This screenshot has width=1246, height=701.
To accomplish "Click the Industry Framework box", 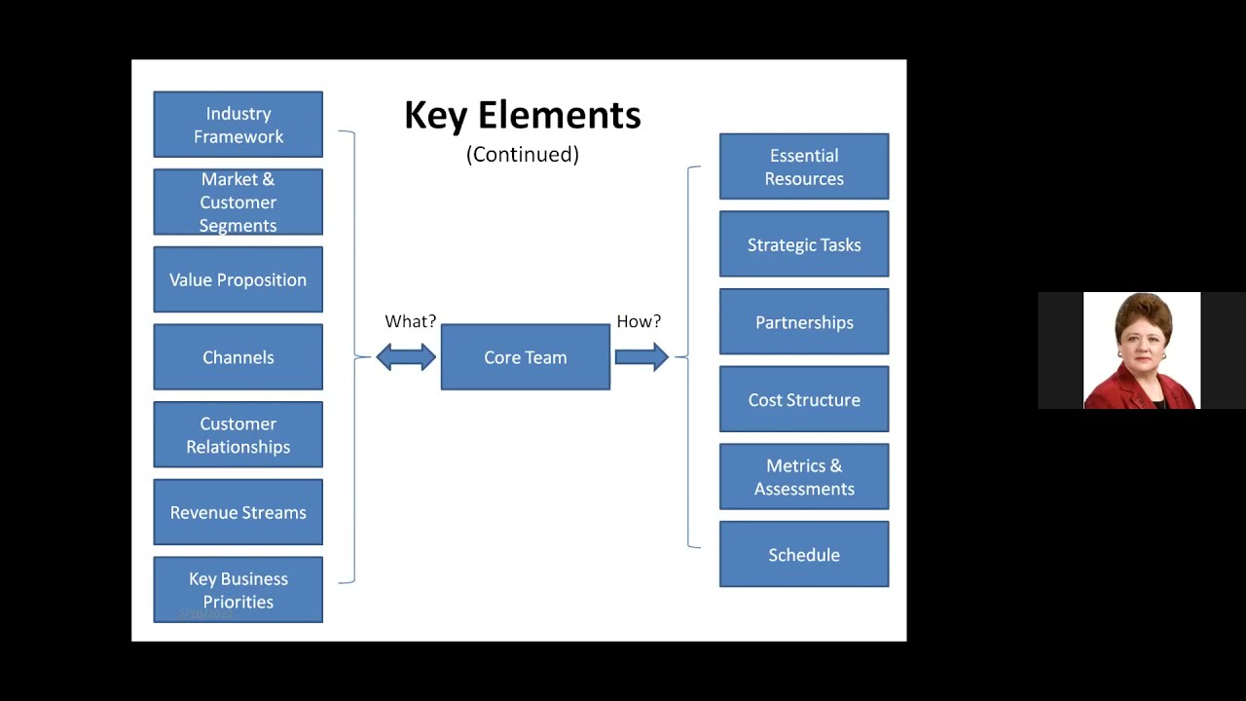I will click(238, 125).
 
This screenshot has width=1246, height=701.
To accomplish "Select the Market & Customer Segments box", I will click(238, 202).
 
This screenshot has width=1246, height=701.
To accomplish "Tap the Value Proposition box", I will click(238, 279).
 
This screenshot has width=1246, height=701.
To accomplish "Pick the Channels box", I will click(238, 357).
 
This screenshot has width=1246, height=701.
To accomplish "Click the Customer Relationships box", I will click(238, 435).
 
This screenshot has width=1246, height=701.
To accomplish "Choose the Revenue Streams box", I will click(238, 512).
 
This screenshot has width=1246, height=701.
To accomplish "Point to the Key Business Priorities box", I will click(238, 590).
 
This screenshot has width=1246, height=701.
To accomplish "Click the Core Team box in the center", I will click(525, 357).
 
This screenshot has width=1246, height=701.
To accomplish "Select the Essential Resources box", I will click(803, 166).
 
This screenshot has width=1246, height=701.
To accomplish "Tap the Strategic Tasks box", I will click(803, 244).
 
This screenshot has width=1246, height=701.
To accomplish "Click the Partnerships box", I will click(803, 322).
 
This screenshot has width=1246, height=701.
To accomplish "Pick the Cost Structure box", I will click(803, 399).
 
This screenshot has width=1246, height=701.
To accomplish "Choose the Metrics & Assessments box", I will click(803, 477).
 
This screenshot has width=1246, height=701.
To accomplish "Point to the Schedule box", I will click(803, 555).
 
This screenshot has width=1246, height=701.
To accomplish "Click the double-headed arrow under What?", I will click(406, 357).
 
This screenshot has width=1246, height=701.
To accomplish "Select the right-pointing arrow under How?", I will click(641, 357).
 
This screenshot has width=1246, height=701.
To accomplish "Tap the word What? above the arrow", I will click(410, 321).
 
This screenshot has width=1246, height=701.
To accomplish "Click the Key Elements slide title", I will click(522, 115).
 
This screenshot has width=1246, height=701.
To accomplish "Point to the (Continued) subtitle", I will click(522, 154).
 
